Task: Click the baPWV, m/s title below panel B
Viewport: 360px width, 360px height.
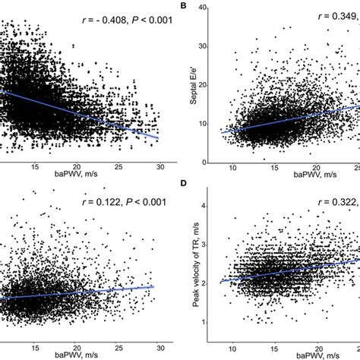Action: [292, 177]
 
